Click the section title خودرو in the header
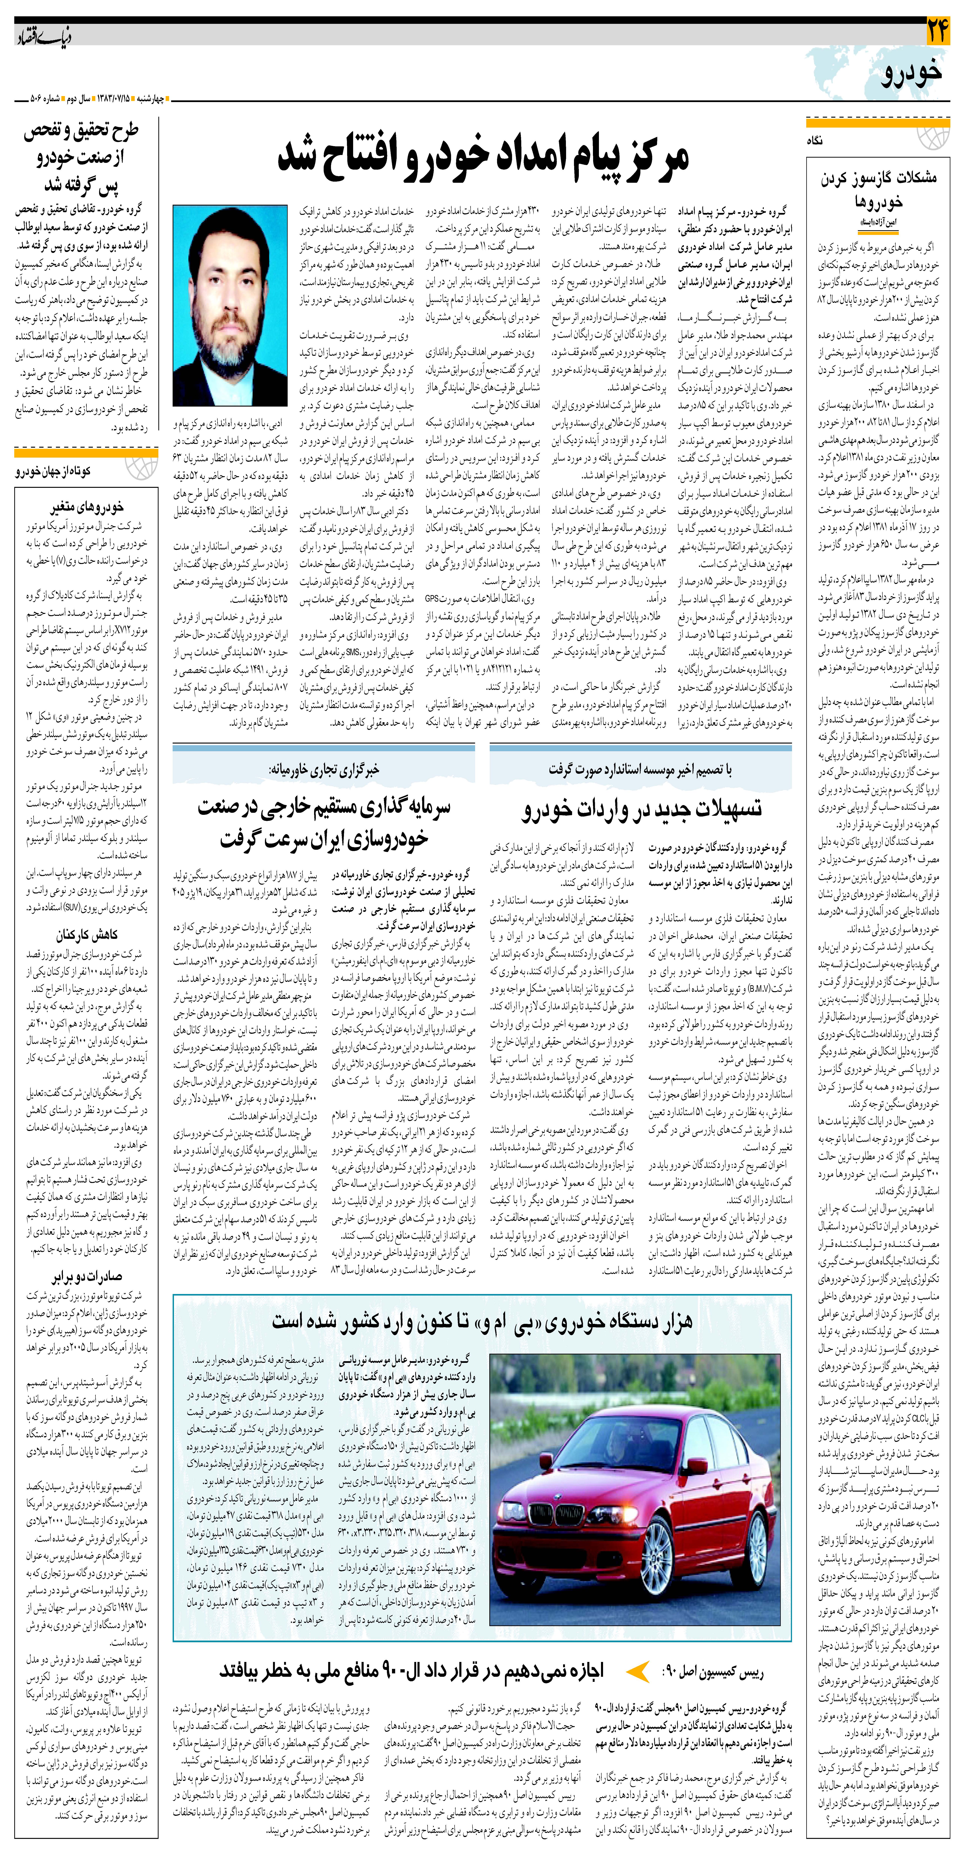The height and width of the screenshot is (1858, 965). pos(910,72)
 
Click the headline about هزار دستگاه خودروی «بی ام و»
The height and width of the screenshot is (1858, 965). pos(482,1321)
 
